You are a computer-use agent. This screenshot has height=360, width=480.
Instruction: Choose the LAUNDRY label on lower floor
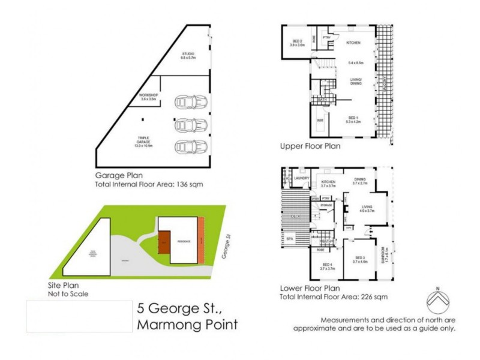pyautogui.click(x=301, y=178)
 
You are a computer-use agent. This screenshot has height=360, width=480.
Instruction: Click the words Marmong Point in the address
pyautogui.click(x=188, y=325)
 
